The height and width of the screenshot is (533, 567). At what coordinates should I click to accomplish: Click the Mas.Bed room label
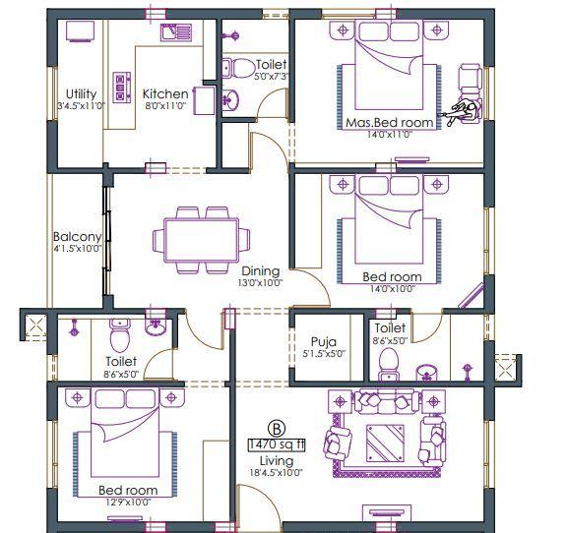(x=390, y=123)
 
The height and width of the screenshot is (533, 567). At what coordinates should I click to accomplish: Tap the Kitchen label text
(x=164, y=94)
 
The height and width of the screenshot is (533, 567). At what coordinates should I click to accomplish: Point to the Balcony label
(x=77, y=237)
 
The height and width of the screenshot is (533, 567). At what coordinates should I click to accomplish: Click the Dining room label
(x=260, y=271)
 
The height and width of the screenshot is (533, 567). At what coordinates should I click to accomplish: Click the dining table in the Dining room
(x=201, y=239)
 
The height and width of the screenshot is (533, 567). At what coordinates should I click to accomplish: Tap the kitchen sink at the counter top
(x=177, y=32)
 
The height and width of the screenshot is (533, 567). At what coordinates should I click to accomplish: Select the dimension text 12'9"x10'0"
(x=128, y=502)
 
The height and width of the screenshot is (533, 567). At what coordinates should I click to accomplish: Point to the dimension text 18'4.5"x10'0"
(x=277, y=473)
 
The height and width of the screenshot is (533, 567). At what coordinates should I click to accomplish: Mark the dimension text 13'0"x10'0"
(x=260, y=283)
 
